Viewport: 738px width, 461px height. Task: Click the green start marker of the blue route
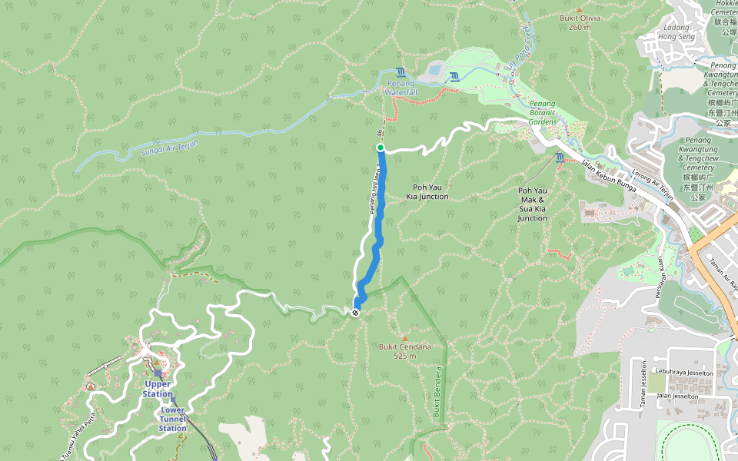tap(380, 148)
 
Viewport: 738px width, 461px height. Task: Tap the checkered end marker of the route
tap(356, 312)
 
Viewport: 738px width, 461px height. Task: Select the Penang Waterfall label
tap(401, 88)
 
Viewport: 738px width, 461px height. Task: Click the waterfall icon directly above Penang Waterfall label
tap(401, 72)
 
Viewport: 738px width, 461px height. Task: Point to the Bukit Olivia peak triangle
tap(579, 9)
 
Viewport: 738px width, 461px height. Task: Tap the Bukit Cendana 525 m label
tap(404, 351)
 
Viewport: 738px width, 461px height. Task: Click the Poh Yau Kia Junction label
tap(427, 191)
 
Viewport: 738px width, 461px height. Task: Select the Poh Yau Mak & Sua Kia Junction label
tap(532, 204)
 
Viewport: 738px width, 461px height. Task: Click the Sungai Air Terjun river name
tap(170, 146)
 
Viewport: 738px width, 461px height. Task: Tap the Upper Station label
tap(158, 389)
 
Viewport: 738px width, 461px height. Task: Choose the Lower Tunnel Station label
tap(172, 419)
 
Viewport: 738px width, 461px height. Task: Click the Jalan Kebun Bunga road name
tap(609, 170)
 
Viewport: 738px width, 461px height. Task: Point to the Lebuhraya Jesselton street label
tap(681, 373)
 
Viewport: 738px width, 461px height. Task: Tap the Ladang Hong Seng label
tap(676, 32)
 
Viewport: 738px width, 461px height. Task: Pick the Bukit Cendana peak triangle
tap(404, 337)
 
